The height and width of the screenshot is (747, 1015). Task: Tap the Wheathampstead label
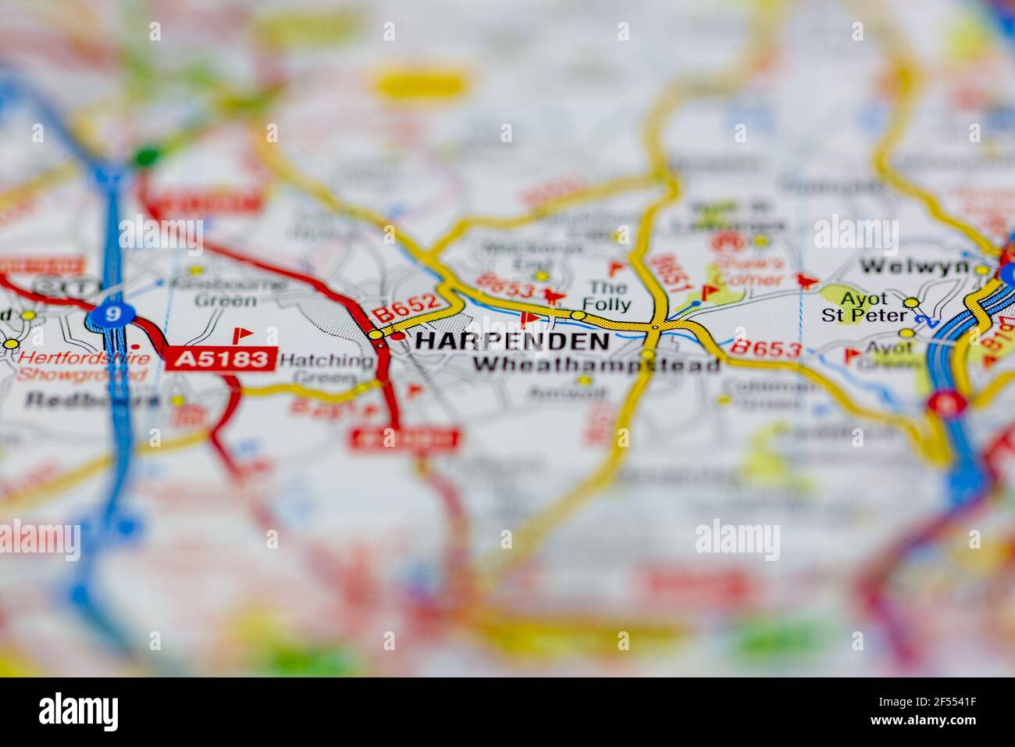click(x=597, y=364)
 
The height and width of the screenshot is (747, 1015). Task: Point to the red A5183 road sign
click(x=220, y=359)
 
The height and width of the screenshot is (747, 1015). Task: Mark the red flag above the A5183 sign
click(x=244, y=335)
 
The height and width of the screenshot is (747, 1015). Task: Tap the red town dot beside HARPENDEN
click(x=397, y=337)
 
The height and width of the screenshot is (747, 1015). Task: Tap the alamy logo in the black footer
click(x=79, y=712)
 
